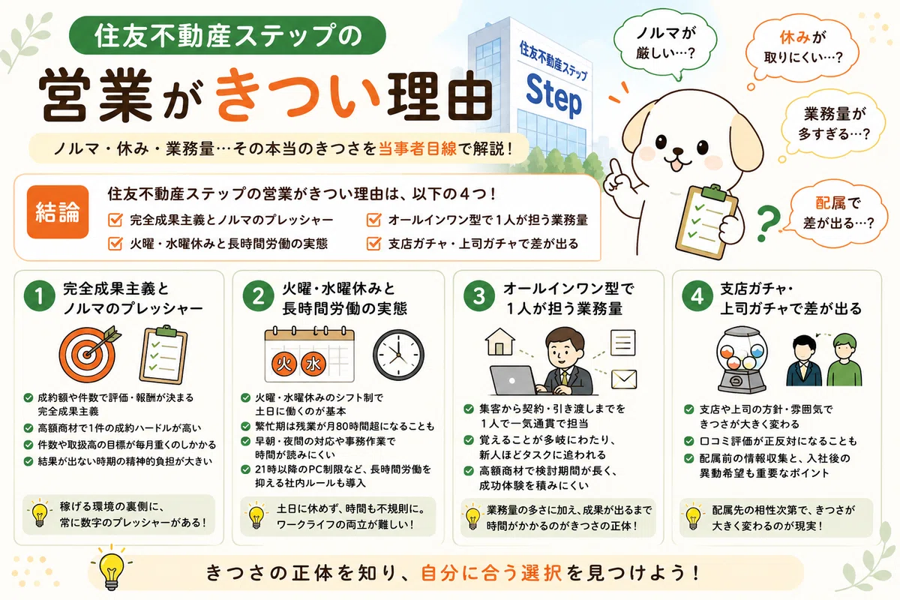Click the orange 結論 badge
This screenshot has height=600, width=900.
coord(58,211)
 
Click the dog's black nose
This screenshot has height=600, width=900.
coord(677,153)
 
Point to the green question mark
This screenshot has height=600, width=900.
coord(768,223)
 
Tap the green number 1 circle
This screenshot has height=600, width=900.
coord(39,296)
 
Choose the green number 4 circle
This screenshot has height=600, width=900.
coord(697,296)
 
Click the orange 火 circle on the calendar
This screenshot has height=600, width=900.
coord(284,364)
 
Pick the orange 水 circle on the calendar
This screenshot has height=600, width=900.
coord(313,364)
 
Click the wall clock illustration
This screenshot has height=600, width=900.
coord(398,355)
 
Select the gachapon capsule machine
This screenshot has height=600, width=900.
coord(742,359)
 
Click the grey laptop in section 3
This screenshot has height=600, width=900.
coord(514,380)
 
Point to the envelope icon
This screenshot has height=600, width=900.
coord(624,379)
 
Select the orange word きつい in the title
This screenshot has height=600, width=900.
coord(298,96)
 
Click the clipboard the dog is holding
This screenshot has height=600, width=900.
coord(707,220)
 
